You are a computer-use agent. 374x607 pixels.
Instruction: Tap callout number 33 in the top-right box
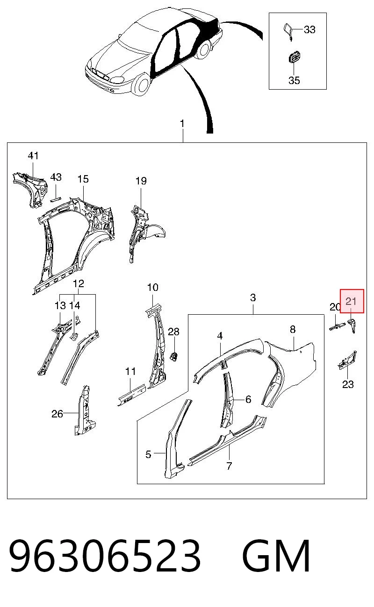click(x=309, y=29)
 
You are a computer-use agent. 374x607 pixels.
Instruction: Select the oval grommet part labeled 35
click(x=294, y=58)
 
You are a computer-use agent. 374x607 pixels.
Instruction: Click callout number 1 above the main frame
click(x=182, y=124)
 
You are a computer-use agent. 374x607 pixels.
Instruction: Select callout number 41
click(x=33, y=155)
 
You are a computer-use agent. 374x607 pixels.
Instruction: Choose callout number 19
click(x=141, y=181)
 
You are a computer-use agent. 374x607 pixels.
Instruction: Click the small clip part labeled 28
click(x=173, y=356)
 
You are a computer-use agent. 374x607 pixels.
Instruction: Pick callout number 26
click(x=57, y=414)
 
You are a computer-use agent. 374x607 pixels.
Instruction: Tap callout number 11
click(x=130, y=371)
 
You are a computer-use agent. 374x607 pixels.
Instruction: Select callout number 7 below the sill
click(x=229, y=466)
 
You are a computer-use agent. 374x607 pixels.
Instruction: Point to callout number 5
click(x=148, y=454)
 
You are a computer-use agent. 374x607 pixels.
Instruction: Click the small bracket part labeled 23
click(x=347, y=360)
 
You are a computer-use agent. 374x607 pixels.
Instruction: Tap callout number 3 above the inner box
click(x=253, y=297)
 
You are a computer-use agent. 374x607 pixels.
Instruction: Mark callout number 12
click(x=79, y=283)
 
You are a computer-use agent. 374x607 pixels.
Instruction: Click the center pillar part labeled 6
click(x=228, y=400)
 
